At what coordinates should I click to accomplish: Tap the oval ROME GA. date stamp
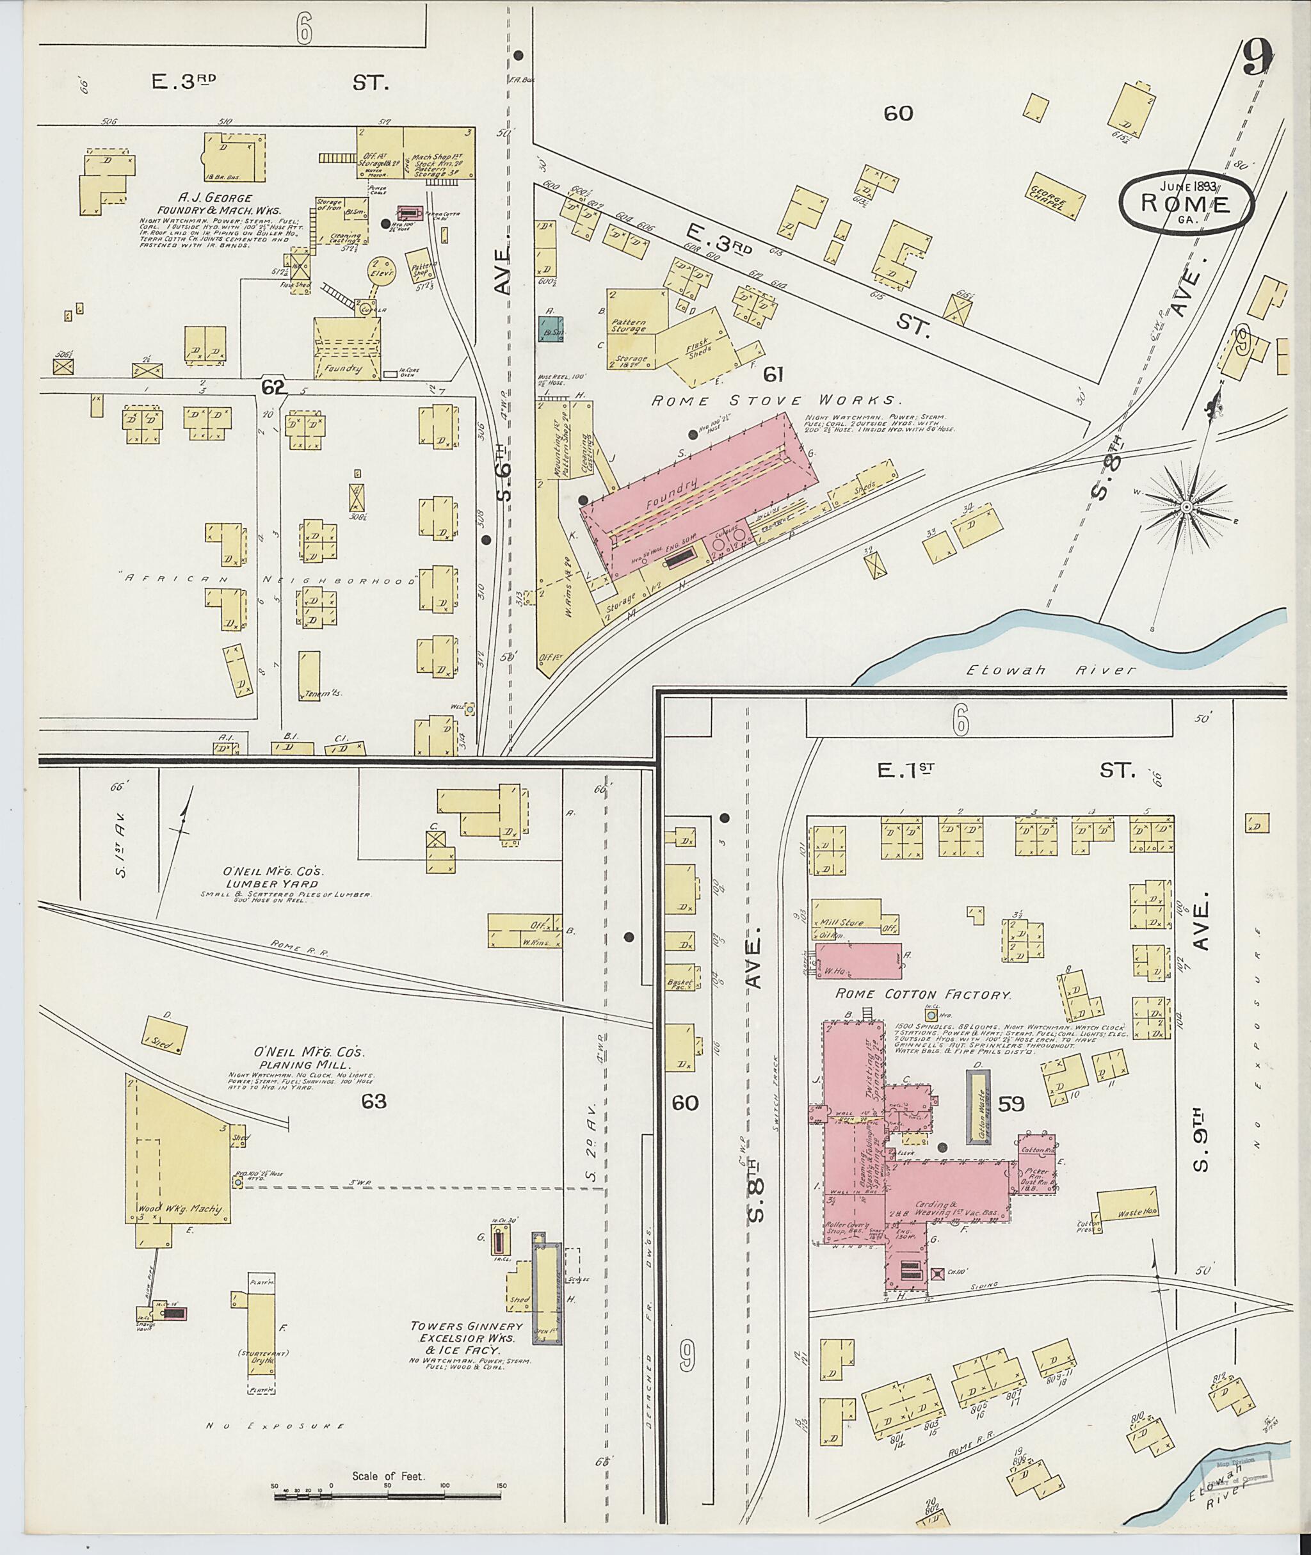click(1187, 203)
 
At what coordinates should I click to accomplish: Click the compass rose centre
click(1186, 507)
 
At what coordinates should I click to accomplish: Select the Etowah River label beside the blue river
click(1051, 670)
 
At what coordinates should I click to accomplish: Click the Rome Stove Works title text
click(776, 401)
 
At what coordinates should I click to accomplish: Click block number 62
click(273, 387)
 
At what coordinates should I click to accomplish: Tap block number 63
click(374, 1101)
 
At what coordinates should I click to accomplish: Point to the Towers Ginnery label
click(467, 1325)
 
